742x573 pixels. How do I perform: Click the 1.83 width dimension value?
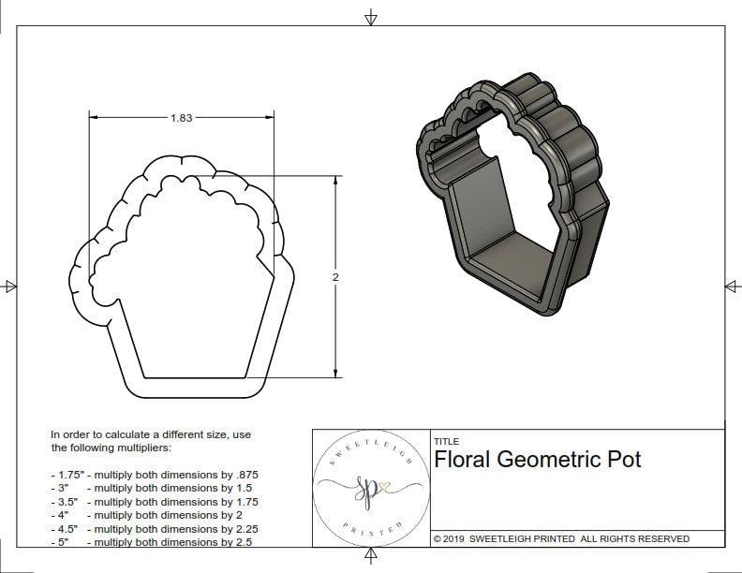click(182, 118)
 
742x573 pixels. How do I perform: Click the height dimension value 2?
click(335, 277)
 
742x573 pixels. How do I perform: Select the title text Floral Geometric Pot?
click(538, 460)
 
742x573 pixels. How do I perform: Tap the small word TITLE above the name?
click(446, 442)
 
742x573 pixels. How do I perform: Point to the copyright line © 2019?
click(561, 538)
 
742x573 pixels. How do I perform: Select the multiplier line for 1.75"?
click(155, 475)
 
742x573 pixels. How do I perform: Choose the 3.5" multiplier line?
click(155, 502)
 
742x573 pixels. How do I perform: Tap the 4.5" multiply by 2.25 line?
click(155, 528)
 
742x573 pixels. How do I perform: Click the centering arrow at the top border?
click(371, 17)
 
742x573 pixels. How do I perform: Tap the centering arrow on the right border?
click(732, 286)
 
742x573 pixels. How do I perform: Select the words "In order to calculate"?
click(103, 434)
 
